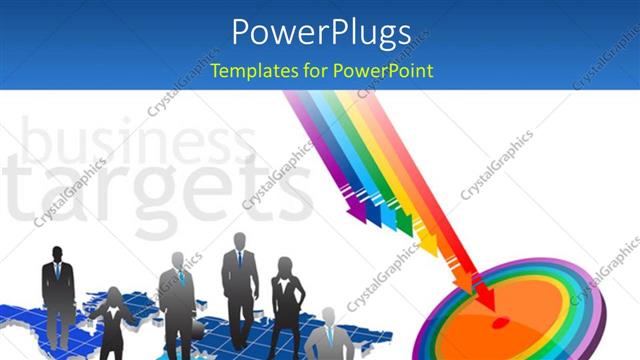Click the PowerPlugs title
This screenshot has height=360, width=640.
[320, 32]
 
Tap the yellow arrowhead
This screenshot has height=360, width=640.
[427, 243]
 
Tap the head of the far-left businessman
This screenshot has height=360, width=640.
[57, 254]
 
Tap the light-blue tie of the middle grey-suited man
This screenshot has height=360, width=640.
[181, 276]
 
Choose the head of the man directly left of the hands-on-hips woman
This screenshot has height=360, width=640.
[240, 242]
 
